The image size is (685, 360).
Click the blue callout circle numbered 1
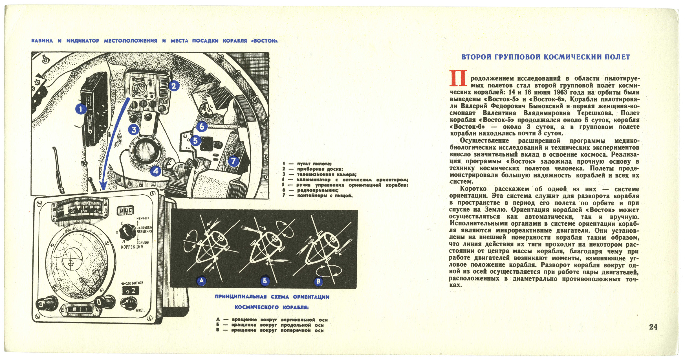81,109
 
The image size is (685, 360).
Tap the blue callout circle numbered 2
173,85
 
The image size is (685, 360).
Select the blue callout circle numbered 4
156,171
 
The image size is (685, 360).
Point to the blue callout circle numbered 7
233,161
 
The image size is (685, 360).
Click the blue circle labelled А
201,280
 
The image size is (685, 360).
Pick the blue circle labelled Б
265,281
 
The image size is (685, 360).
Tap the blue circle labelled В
319,281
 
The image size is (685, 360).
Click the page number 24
653,327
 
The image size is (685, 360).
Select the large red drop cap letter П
459,78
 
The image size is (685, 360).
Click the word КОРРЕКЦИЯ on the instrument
132,247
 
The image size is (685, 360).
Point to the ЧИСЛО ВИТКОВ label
132,283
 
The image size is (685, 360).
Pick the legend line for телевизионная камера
327,174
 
